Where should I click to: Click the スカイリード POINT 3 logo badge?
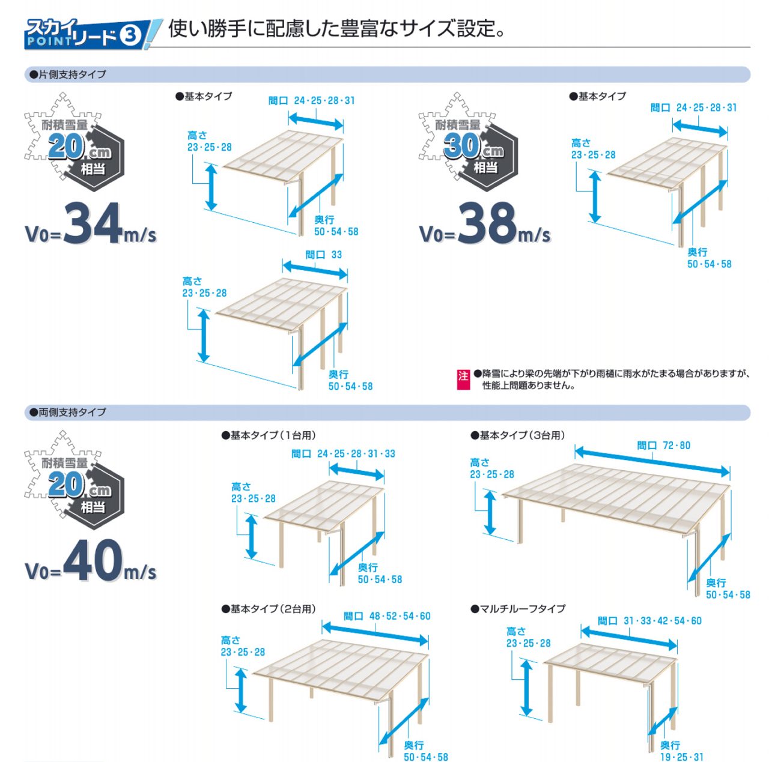pyautogui.click(x=93, y=34)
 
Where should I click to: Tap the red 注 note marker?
pyautogui.click(x=463, y=379)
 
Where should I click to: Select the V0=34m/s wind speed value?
pyautogui.click(x=91, y=224)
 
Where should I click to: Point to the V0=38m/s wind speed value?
pyautogui.click(x=485, y=224)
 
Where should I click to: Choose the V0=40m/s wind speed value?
pyautogui.click(x=91, y=561)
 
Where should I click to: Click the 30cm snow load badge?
pyautogui.click(x=469, y=142)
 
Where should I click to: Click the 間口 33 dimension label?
pyautogui.click(x=324, y=255)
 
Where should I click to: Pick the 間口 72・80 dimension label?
pyautogui.click(x=664, y=445)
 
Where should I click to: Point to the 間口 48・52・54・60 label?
pyautogui.click(x=387, y=616)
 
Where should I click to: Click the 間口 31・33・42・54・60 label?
pyautogui.click(x=649, y=621)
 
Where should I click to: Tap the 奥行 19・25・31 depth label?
pyautogui.click(x=682, y=751)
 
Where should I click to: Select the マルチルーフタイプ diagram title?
pyautogui.click(x=518, y=609)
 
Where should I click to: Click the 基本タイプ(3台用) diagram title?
pyautogui.click(x=518, y=435)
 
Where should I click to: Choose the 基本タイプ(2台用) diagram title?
pyautogui.click(x=269, y=609)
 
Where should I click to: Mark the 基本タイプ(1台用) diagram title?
pyautogui.click(x=269, y=435)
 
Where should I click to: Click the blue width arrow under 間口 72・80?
pyautogui.click(x=652, y=462)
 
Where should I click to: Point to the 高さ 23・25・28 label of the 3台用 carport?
pyautogui.click(x=491, y=468)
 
